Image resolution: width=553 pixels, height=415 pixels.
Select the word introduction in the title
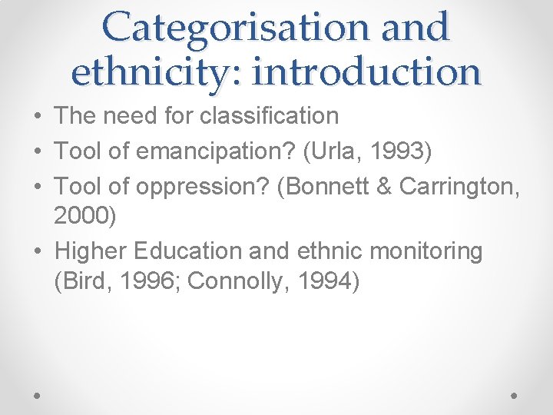pos(367,71)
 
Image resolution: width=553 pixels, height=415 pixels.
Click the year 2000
pos(83,216)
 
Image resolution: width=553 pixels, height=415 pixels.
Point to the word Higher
pos(91,251)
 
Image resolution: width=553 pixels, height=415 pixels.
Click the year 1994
pos(324,281)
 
